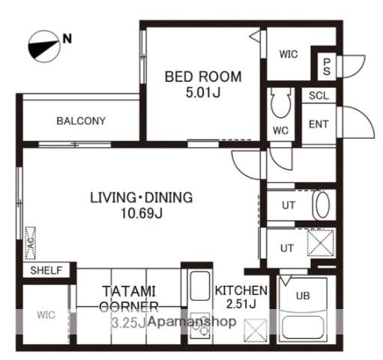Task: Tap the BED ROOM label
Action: click(x=203, y=76)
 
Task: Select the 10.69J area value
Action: click(x=142, y=214)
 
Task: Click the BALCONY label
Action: click(x=81, y=121)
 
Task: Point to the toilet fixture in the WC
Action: click(x=281, y=102)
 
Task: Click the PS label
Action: click(x=327, y=67)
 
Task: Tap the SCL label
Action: click(x=319, y=95)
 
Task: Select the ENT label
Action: click(x=319, y=124)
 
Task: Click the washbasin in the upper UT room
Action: click(x=321, y=205)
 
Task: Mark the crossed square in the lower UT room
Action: click(x=321, y=242)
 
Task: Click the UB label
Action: click(x=303, y=296)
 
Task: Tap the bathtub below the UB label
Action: click(x=303, y=327)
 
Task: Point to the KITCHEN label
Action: click(x=241, y=290)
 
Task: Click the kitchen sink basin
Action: click(x=199, y=286)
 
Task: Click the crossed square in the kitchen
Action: click(x=256, y=330)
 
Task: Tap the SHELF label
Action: click(x=46, y=270)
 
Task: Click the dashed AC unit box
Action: click(x=30, y=243)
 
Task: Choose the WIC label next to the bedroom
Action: click(x=289, y=54)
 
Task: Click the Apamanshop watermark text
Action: click(x=192, y=322)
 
